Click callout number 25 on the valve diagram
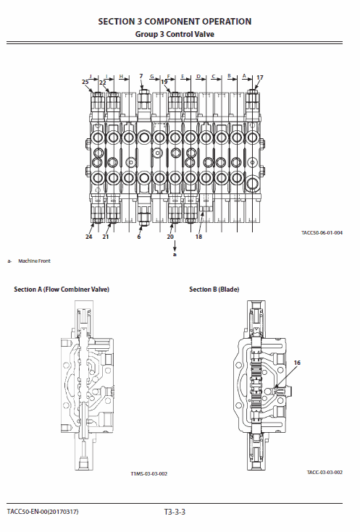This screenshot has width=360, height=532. [85, 83]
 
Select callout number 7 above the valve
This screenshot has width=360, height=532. [141, 76]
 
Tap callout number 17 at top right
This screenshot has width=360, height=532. [260, 77]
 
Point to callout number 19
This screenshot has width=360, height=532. [164, 83]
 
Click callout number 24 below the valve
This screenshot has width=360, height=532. [89, 236]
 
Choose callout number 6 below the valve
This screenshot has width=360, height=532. [139, 236]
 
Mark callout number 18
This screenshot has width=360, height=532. [198, 236]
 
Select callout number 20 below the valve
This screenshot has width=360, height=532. [170, 236]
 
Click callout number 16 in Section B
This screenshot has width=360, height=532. [296, 362]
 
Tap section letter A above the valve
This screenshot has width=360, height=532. [245, 75]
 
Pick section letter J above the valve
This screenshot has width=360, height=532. [91, 75]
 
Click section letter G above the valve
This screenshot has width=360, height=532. [152, 75]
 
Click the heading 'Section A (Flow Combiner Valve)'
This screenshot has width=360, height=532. [62, 290]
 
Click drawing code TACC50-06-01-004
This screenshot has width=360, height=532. [322, 232]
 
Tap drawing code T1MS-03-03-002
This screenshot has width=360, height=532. [149, 473]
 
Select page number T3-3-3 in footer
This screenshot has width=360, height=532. [175, 512]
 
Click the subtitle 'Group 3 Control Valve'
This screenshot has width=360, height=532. [175, 34]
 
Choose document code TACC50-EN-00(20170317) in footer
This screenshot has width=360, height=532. [43, 512]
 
